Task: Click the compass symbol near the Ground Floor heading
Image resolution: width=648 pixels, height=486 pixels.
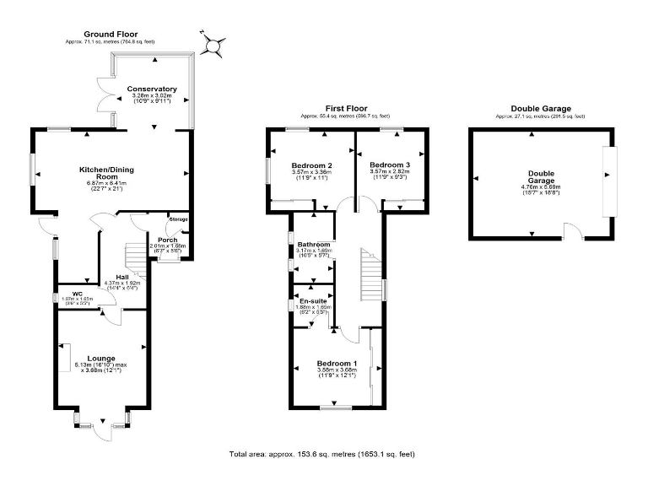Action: tap(213, 41)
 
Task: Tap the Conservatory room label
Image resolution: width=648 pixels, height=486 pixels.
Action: tap(152, 89)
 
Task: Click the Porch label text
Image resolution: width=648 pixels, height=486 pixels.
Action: tap(156, 239)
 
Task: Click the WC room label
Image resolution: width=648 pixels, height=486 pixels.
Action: tap(77, 294)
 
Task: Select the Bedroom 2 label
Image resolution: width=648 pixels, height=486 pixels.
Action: tap(311, 165)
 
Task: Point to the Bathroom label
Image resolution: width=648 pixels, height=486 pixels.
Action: tap(313, 244)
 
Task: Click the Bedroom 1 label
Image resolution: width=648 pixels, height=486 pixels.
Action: tap(337, 363)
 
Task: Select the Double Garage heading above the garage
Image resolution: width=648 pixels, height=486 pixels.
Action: tap(541, 109)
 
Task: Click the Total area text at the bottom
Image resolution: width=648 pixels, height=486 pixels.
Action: tap(321, 454)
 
